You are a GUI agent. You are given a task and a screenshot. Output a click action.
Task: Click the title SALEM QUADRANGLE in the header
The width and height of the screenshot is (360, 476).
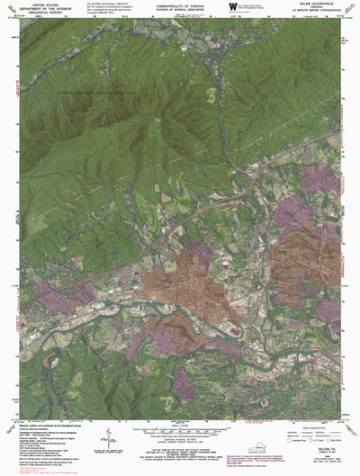[x=319, y=5]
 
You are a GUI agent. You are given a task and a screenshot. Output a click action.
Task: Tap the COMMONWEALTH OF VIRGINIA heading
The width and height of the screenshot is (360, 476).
[x=181, y=5]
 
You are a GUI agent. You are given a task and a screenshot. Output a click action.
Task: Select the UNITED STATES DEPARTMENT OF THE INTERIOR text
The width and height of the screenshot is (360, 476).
[x=44, y=9]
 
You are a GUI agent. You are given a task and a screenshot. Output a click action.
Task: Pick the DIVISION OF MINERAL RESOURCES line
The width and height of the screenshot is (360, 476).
[x=181, y=10]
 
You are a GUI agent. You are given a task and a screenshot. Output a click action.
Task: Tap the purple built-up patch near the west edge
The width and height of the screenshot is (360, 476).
[x=49, y=292]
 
